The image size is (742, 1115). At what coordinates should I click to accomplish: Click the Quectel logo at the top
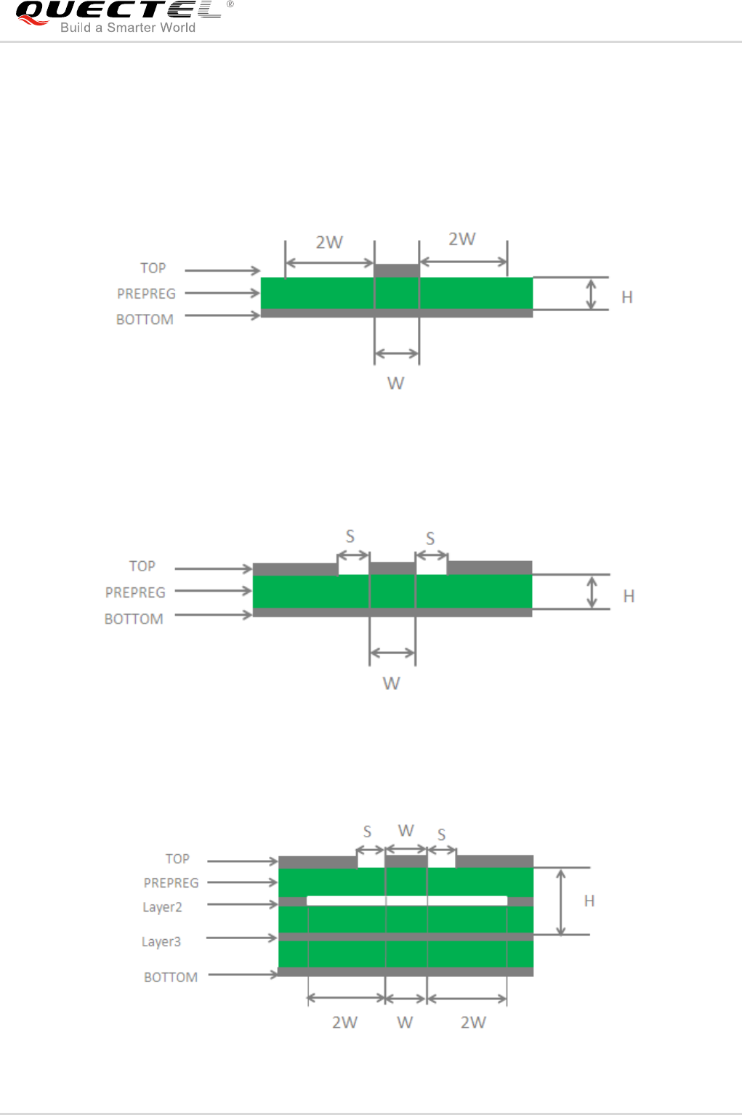coord(124,17)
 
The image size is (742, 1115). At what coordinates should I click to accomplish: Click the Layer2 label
coord(162,907)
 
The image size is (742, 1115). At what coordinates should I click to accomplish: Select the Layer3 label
coord(161,942)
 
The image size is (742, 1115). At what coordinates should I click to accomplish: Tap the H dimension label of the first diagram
coord(627,297)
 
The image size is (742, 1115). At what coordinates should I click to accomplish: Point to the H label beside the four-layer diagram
coord(589,901)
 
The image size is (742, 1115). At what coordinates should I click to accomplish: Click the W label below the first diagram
coord(395,383)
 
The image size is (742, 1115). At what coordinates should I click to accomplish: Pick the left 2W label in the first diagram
coord(329,243)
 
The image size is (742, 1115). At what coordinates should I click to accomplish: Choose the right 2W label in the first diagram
coord(461,239)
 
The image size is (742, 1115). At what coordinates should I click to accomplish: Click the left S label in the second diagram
coord(350,536)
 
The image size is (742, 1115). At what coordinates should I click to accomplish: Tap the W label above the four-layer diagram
coord(406,830)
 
